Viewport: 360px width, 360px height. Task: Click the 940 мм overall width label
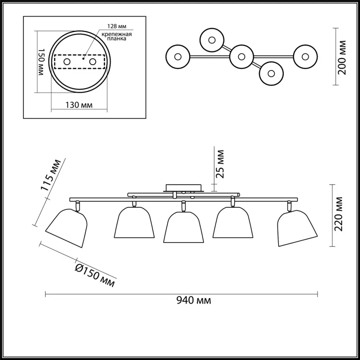(194, 300)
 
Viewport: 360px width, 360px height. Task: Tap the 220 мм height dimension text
(338, 214)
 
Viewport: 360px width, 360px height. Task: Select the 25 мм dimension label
(220, 164)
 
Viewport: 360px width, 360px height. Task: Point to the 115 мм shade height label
(51, 175)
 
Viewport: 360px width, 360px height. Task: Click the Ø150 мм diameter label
(95, 275)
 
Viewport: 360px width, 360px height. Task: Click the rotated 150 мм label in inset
(40, 62)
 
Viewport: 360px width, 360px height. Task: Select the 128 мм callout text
(117, 26)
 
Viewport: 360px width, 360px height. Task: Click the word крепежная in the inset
(117, 34)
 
